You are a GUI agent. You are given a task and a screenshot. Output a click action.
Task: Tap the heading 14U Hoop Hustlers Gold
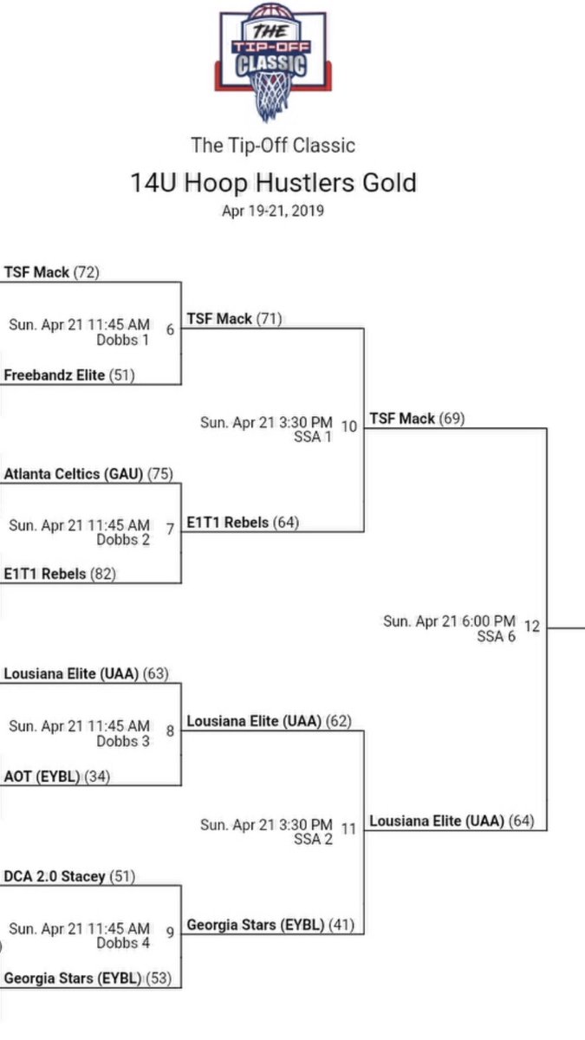click(273, 183)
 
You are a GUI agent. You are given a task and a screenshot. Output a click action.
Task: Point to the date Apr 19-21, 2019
click(273, 211)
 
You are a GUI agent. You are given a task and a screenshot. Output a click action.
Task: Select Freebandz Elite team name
click(55, 374)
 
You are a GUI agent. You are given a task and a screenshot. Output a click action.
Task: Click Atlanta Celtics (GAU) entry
click(75, 473)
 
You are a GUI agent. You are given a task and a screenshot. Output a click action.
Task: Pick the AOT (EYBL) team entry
click(42, 776)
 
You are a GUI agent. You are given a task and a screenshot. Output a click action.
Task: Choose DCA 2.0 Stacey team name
click(55, 876)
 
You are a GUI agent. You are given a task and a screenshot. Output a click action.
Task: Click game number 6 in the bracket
click(170, 329)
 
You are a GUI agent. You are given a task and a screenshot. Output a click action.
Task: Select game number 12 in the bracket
click(531, 626)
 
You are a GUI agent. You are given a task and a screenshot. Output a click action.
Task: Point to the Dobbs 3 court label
click(122, 741)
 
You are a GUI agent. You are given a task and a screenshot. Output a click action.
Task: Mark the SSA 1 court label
click(313, 437)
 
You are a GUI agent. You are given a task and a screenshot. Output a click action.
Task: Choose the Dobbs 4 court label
click(122, 943)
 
